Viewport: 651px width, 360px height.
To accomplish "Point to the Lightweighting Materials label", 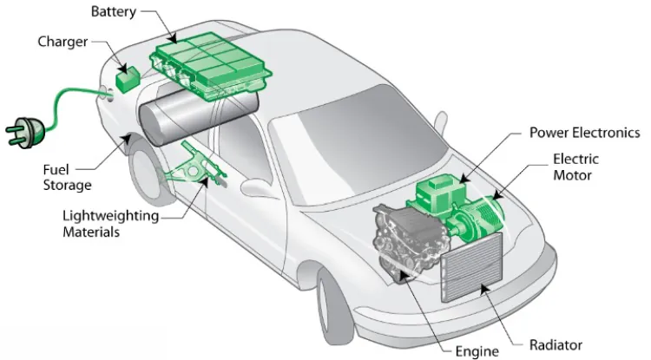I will (109, 224).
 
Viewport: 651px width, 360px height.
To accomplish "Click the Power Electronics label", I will (584, 133).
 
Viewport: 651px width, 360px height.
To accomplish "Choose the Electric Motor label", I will (575, 167).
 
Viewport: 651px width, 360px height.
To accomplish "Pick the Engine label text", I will (477, 350).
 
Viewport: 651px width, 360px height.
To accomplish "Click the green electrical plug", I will (21, 133).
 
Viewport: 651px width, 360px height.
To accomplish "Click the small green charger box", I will (127, 78).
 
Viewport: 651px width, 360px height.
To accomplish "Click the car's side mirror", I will (257, 187).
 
